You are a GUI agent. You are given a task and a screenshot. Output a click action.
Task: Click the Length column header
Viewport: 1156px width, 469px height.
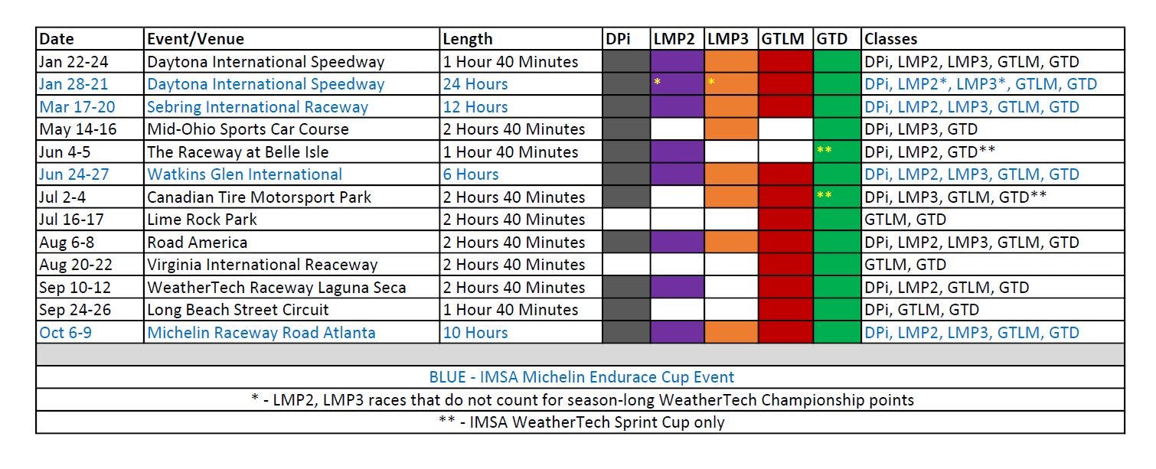[x=469, y=39]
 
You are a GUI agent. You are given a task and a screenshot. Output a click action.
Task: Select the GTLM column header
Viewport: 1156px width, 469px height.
[x=784, y=39]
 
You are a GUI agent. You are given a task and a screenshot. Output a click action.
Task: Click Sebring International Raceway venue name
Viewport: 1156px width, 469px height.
[x=257, y=107]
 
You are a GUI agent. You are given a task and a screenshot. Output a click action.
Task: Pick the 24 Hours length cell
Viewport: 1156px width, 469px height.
[x=475, y=84]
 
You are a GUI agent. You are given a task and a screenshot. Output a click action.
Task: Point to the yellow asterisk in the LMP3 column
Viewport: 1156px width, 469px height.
[x=711, y=81]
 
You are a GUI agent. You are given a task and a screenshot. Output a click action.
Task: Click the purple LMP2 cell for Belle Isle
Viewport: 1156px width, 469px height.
[x=677, y=152]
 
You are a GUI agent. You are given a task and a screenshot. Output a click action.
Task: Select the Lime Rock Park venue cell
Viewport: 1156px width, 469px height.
[x=202, y=220]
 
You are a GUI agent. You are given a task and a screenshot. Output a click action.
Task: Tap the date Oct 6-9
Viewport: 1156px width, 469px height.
[x=65, y=333]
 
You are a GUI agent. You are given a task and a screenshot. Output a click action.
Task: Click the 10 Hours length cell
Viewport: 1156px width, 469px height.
[x=475, y=333]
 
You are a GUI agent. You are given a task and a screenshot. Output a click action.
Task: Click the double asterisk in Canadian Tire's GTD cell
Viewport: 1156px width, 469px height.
[x=824, y=196]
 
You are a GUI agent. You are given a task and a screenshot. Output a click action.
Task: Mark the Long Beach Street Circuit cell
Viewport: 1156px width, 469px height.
[x=238, y=310]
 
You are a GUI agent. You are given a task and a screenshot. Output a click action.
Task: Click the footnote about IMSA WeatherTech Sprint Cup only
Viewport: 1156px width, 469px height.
[x=581, y=422]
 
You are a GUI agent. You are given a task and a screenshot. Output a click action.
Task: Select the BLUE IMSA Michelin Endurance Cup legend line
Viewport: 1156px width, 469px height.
[x=581, y=377]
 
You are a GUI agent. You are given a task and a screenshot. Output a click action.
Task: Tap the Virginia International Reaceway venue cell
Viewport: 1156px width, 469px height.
[x=263, y=265]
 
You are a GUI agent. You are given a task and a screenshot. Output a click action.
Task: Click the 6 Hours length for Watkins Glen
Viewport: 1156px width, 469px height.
[x=471, y=174]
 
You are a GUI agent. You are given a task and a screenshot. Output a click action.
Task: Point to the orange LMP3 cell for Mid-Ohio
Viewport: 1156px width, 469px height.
[x=730, y=129]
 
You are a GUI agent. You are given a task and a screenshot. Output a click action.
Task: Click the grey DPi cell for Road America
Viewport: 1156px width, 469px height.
[x=625, y=243]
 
